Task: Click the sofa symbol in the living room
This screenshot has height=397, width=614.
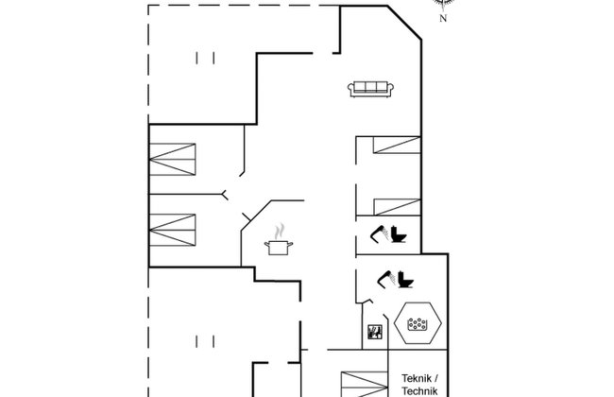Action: click(370, 89)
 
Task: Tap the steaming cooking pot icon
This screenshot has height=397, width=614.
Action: click(279, 240)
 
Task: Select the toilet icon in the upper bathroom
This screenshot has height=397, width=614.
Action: click(399, 234)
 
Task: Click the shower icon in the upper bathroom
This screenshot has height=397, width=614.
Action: click(379, 234)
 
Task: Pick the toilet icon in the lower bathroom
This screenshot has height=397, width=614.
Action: click(405, 280)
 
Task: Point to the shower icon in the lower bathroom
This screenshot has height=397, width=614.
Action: click(386, 280)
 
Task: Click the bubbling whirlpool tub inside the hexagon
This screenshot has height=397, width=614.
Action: click(418, 323)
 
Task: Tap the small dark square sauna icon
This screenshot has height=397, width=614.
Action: click(375, 332)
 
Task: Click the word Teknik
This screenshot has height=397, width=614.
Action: click(417, 379)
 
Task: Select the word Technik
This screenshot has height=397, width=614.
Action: click(419, 391)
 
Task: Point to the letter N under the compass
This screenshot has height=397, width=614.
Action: click(443, 18)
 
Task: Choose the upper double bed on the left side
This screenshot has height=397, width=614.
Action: click(172, 160)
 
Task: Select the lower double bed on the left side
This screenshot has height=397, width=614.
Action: click(172, 230)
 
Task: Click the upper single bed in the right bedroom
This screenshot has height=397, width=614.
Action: click(397, 145)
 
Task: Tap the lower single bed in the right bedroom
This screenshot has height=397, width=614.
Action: click(397, 207)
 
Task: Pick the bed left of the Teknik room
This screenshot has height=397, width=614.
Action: click(365, 385)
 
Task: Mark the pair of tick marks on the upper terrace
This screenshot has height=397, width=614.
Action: click(205, 58)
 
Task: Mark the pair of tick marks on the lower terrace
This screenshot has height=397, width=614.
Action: click(205, 341)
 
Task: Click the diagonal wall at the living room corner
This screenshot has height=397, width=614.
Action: click(404, 23)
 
